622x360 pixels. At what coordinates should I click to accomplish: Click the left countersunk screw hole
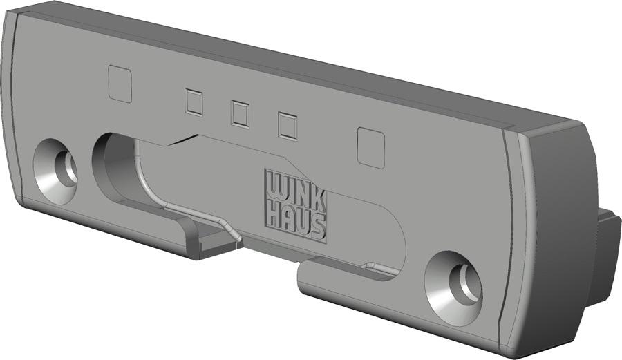55,171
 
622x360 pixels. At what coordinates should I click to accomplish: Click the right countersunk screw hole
454,288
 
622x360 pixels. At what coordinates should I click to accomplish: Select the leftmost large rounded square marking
120,84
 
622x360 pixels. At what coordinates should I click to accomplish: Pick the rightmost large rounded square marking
371,147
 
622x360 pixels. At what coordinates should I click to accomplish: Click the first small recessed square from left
194,102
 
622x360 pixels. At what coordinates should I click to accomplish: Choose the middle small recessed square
240,114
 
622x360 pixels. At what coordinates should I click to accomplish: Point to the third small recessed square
288,126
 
